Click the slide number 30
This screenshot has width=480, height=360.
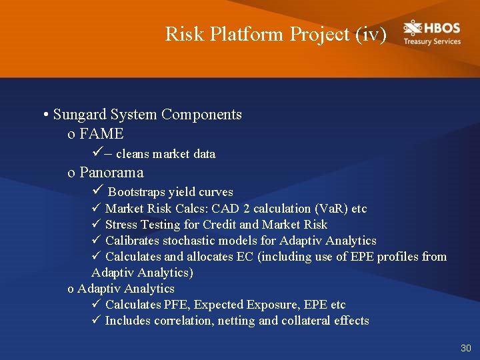coord(465,348)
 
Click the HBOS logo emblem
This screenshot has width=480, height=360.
coord(413,29)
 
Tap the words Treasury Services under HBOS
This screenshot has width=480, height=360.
coord(431,41)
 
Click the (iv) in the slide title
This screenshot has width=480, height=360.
coord(371,34)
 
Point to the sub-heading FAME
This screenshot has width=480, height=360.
coord(101,134)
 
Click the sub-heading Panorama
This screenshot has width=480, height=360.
coord(111,173)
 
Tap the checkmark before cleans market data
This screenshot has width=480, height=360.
coord(95,153)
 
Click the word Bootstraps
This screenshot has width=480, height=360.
coord(136,193)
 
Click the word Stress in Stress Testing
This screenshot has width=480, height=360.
coord(120,225)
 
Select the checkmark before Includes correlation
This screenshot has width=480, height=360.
coord(95,320)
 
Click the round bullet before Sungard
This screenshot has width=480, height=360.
coord(45,115)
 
